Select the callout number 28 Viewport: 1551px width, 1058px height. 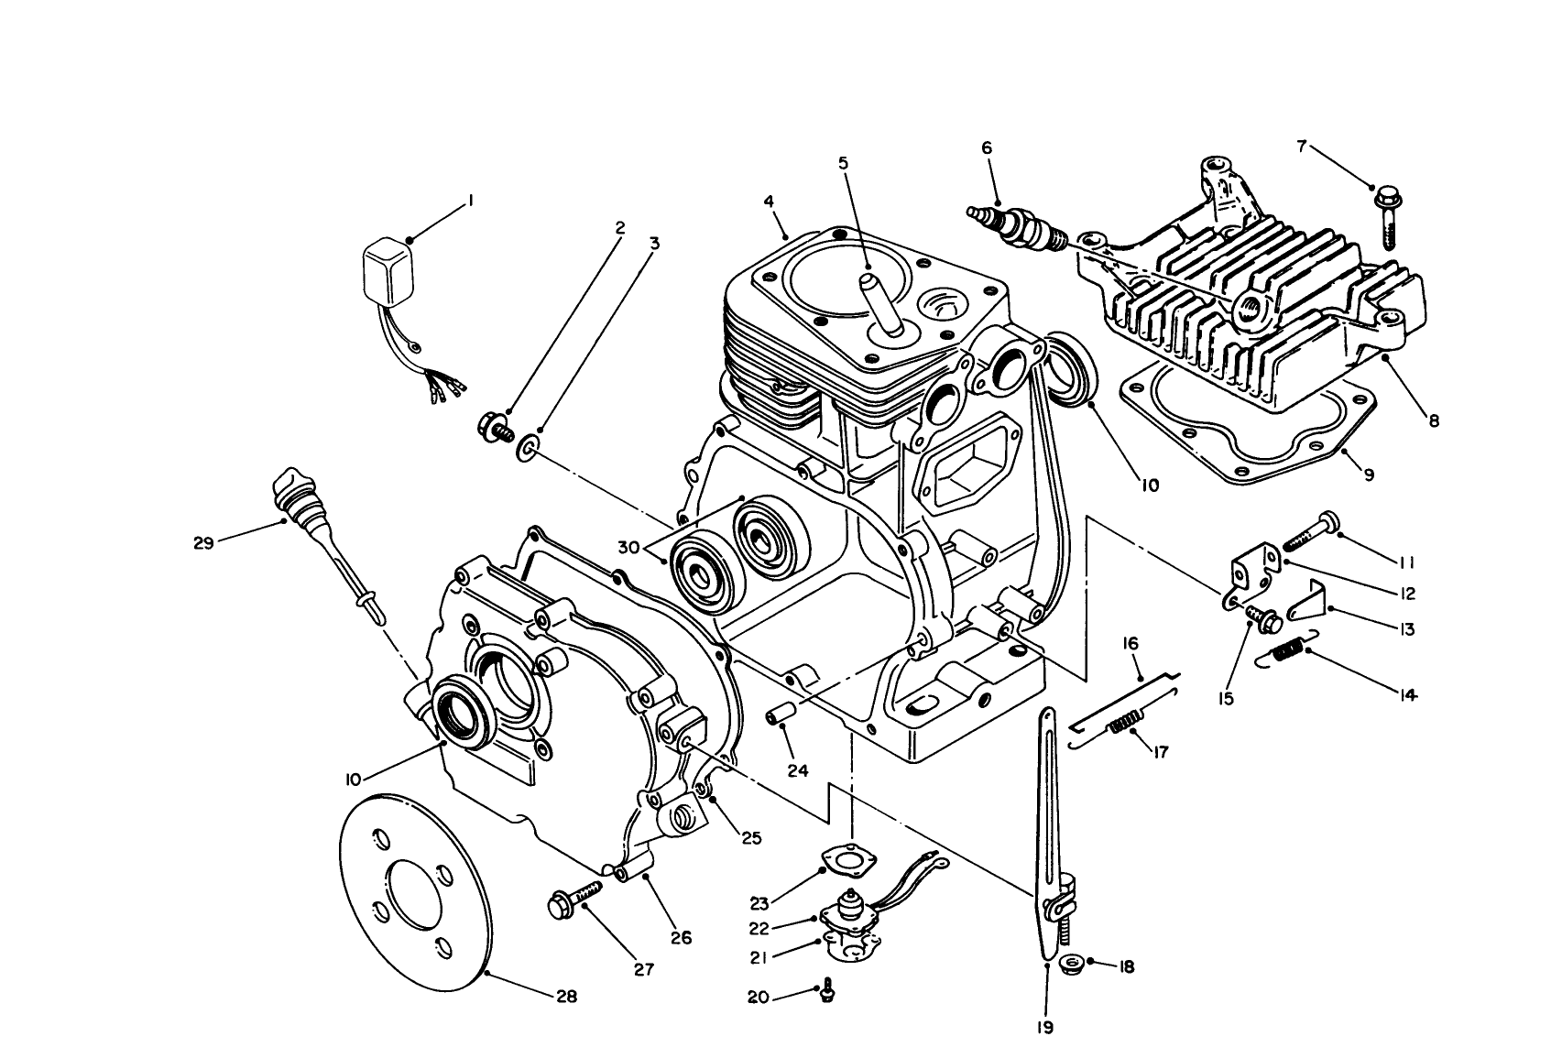(x=566, y=998)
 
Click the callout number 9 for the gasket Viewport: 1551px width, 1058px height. (x=1369, y=474)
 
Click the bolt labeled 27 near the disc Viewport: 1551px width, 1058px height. (x=575, y=895)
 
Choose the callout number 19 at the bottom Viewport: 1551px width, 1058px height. (x=1044, y=1027)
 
